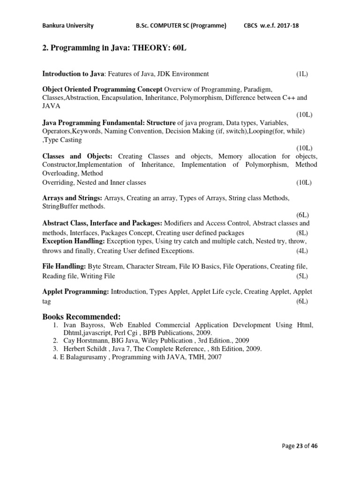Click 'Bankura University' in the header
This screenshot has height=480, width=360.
(x=67, y=26)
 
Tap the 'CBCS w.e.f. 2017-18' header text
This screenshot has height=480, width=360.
(x=271, y=26)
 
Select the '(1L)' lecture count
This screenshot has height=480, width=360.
(x=301, y=74)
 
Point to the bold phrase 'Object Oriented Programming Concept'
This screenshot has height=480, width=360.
(x=102, y=89)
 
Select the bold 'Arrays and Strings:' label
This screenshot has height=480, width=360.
(x=72, y=198)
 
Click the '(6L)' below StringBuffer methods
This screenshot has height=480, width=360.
(x=301, y=215)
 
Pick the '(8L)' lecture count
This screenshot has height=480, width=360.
(x=301, y=232)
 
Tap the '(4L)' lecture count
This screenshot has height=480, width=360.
(x=301, y=250)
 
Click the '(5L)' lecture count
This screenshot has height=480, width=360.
(x=301, y=276)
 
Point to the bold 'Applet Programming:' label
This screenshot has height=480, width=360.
(x=75, y=292)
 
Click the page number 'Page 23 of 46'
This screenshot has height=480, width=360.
(x=300, y=446)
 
